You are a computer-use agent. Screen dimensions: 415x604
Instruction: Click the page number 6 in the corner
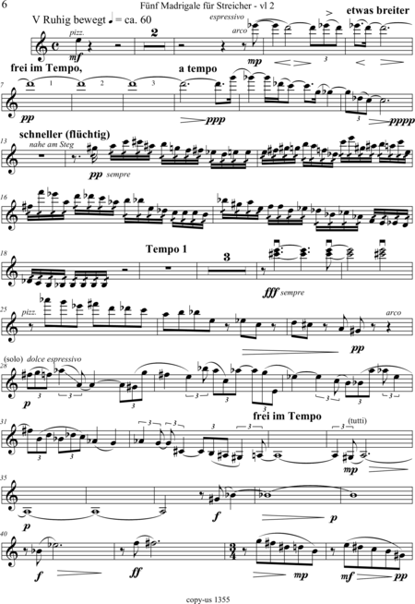[x=5, y=5]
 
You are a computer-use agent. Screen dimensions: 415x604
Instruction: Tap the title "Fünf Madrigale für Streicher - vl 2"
[x=207, y=6]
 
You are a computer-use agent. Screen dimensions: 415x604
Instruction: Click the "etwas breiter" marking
[x=378, y=10]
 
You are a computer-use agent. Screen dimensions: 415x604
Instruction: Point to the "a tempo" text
[x=197, y=69]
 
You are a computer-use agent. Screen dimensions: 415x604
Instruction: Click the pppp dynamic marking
[x=402, y=121]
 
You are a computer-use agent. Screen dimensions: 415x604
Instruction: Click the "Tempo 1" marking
[x=166, y=249]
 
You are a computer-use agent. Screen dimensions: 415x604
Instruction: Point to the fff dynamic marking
[x=271, y=293]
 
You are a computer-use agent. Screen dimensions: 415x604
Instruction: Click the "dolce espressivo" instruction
[x=54, y=359]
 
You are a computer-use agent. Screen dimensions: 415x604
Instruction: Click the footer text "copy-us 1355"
[x=207, y=599]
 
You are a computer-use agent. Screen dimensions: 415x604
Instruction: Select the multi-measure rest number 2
[x=155, y=32]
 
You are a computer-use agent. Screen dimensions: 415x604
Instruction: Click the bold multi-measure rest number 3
[x=227, y=257]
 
